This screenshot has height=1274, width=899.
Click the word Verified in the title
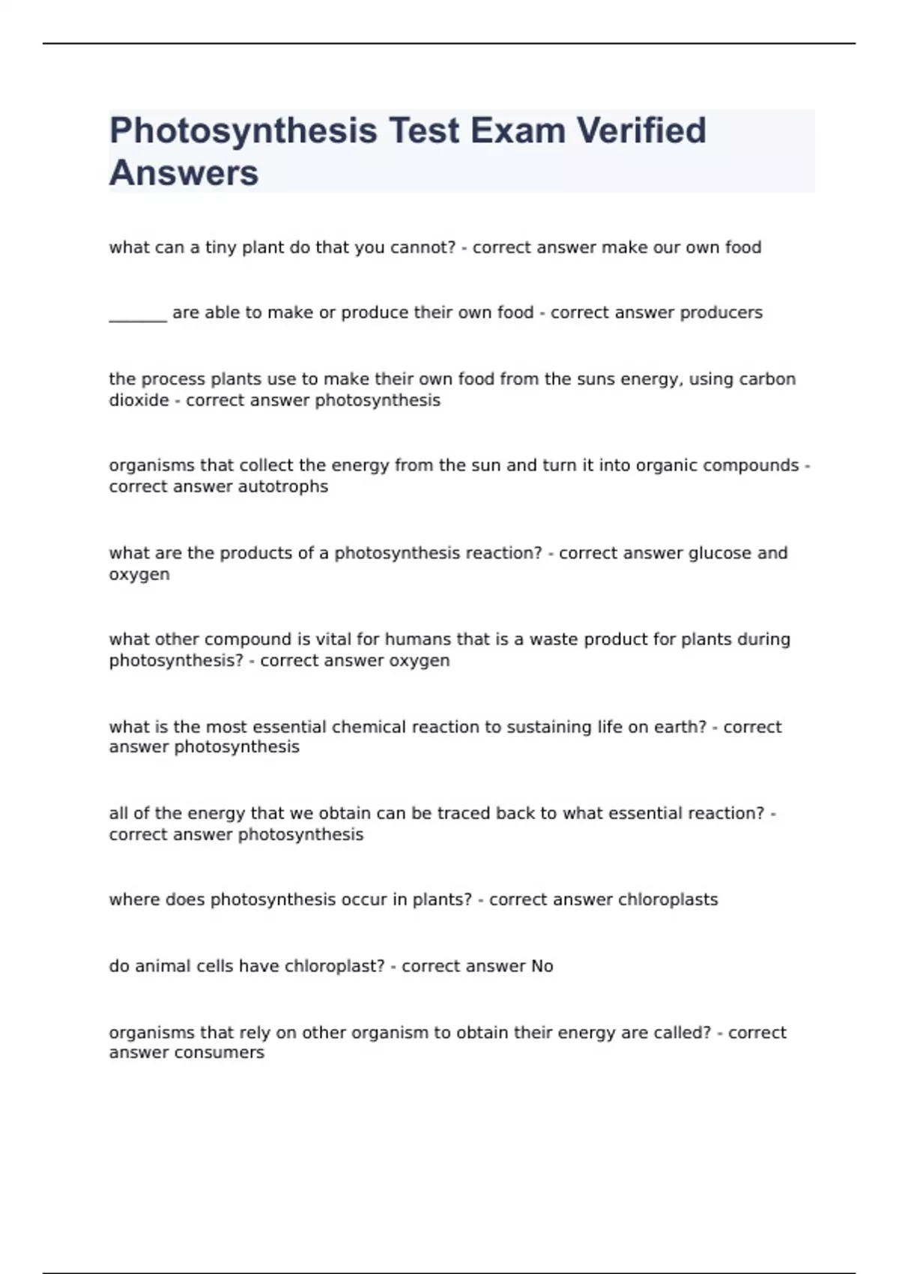tap(641, 130)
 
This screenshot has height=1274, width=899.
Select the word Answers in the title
tap(184, 173)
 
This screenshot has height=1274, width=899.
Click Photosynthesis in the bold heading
tap(243, 130)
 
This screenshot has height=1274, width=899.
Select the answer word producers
tap(721, 313)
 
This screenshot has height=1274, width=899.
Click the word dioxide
tap(139, 400)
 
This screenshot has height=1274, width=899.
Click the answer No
tap(542, 966)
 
